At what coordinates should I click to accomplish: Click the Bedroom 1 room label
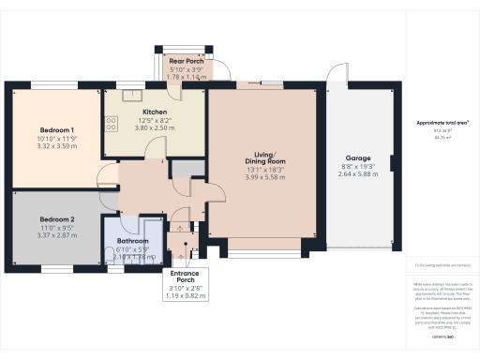(57, 128)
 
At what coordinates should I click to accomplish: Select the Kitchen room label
(155, 112)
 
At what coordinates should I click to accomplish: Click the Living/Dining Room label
(263, 157)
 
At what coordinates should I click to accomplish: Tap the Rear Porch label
(186, 62)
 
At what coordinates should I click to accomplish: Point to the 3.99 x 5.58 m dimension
(263, 177)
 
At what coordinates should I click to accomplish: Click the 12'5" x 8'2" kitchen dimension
(155, 120)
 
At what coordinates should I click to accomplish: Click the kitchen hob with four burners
(113, 122)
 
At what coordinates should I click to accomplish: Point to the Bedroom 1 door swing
(107, 177)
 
